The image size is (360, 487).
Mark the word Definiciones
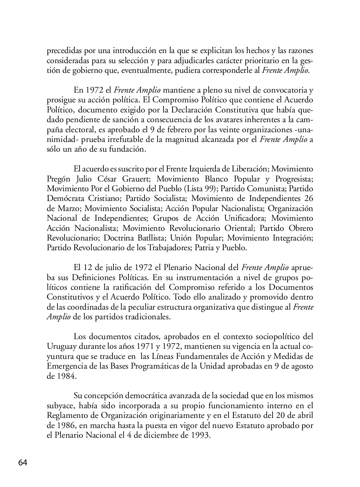[x=93, y=277]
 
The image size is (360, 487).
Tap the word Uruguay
[x=61, y=346]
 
